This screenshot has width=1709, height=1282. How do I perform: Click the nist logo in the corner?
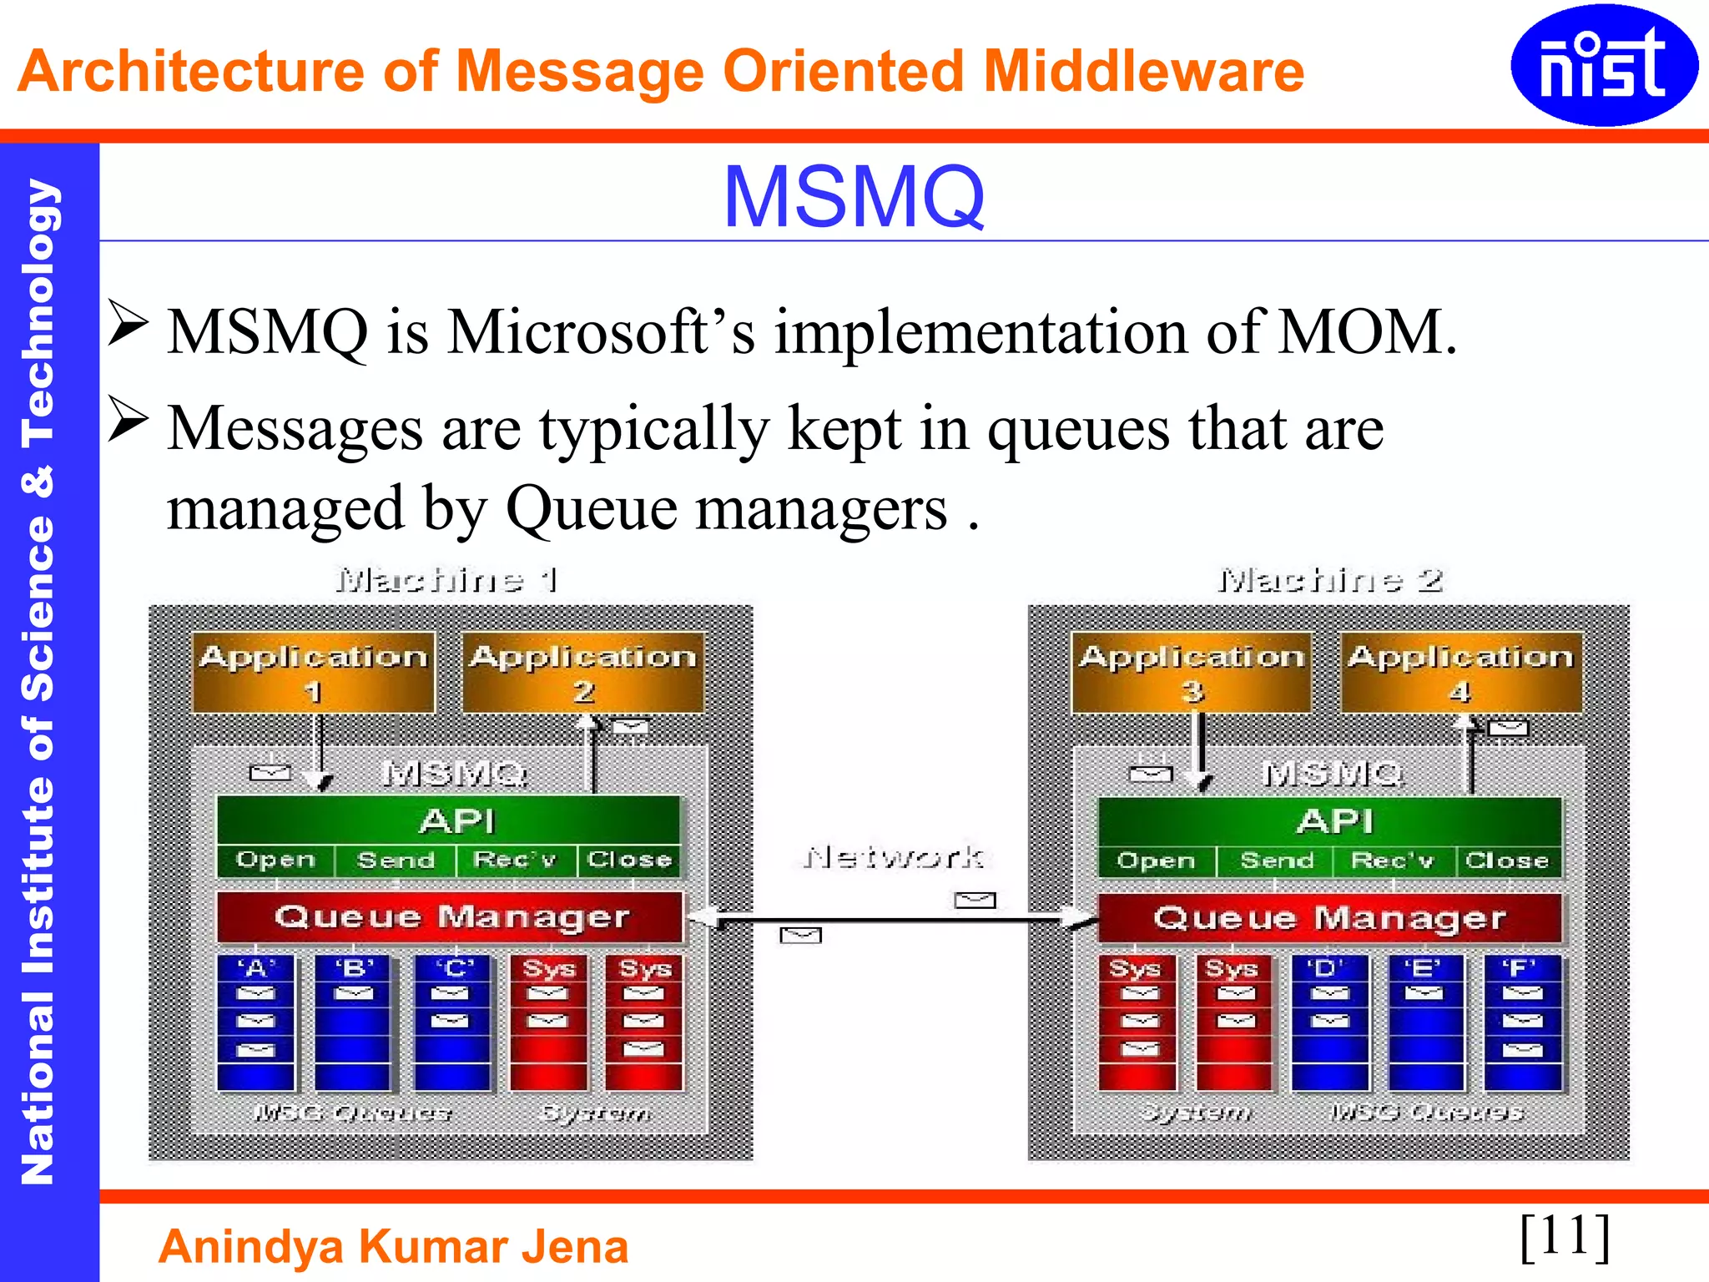point(1603,65)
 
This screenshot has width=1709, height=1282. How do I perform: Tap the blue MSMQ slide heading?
point(854,197)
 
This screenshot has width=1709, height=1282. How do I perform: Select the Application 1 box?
point(314,673)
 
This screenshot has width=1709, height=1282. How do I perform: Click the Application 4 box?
point(1460,673)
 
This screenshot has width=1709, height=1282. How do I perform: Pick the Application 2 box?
point(583,673)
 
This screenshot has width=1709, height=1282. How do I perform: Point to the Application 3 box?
point(1192,673)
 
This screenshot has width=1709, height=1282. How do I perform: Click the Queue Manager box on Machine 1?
point(451,917)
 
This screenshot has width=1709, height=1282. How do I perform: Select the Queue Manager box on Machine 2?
point(1329,918)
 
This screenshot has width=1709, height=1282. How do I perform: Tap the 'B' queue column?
point(354,1022)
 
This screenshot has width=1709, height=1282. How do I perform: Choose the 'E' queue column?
point(1425,1022)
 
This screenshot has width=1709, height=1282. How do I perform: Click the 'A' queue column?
point(256,1022)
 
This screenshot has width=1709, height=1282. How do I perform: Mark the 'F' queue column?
point(1522,1022)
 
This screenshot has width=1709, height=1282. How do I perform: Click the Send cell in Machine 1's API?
point(396,861)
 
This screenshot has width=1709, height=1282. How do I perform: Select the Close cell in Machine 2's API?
point(1507,861)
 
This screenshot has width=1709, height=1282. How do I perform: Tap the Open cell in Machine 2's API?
point(1157,861)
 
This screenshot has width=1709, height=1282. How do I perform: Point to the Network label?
point(894,857)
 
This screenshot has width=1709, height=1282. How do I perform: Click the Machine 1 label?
point(446,579)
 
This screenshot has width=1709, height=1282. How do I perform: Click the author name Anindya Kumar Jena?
point(393,1247)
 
